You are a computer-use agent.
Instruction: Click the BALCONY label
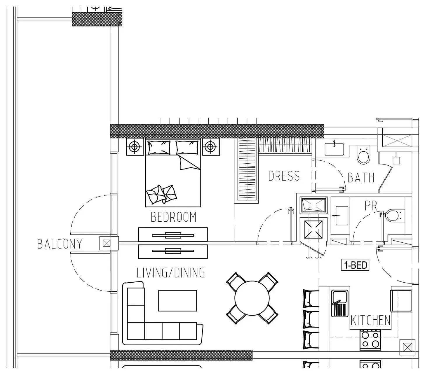[x=60, y=244]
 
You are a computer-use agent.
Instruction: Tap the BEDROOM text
[x=173, y=217]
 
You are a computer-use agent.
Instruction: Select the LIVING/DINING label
[x=171, y=273]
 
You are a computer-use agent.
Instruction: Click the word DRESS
[x=284, y=176]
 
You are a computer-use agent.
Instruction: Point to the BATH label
[x=361, y=178]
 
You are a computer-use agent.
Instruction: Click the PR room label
[x=371, y=206]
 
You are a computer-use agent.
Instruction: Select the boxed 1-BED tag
[x=355, y=265]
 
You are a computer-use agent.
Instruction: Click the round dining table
[x=252, y=298]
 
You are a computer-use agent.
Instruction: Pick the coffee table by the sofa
[x=177, y=300]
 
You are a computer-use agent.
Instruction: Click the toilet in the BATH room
[x=364, y=155]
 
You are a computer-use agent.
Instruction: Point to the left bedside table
[x=135, y=147]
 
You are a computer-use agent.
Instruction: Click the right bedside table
[x=211, y=147]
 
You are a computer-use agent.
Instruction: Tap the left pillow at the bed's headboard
[x=159, y=148]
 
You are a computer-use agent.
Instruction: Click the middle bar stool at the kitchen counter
[x=311, y=319]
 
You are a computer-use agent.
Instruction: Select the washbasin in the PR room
[x=342, y=216]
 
